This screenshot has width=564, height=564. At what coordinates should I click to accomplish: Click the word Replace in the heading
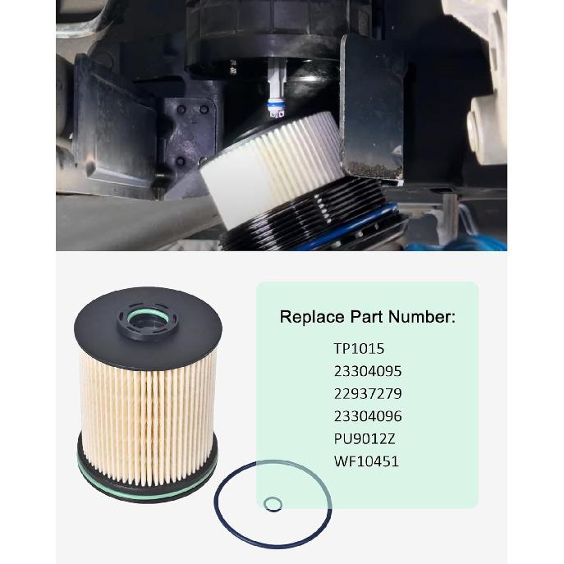click(x=309, y=317)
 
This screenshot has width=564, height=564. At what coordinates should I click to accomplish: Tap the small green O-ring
click(x=272, y=503)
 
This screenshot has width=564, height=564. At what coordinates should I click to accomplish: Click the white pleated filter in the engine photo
click(x=271, y=164)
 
